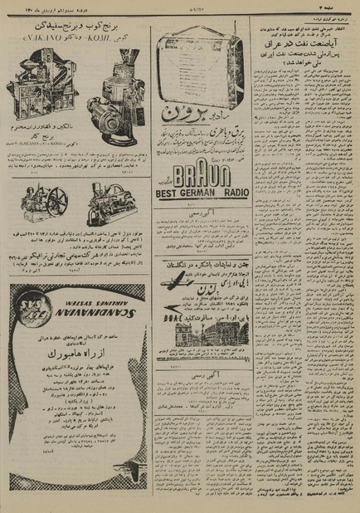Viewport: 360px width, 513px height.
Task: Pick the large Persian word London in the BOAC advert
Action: [224, 297]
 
